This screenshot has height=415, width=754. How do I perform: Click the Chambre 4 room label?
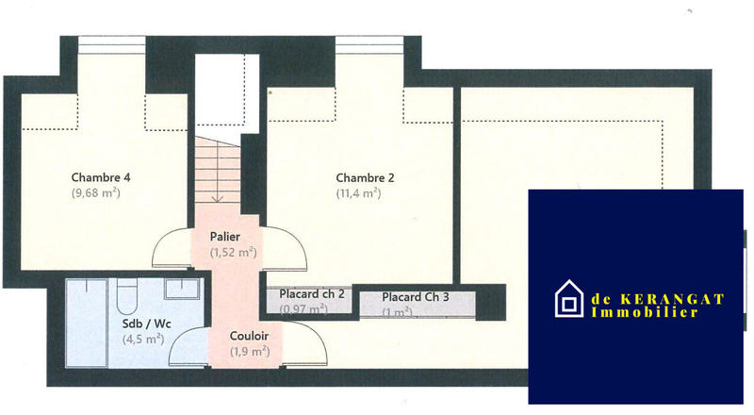point(101,177)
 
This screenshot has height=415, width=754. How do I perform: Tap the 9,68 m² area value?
point(96,193)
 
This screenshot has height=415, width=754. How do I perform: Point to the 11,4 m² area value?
point(358,193)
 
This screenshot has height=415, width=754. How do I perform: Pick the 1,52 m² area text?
point(234,253)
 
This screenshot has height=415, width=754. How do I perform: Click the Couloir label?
point(249,336)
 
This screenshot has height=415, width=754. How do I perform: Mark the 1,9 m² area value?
point(250,352)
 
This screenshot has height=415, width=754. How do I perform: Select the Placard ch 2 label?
point(311,294)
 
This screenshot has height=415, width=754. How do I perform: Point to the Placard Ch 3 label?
point(416,297)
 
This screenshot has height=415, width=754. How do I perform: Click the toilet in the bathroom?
point(126,299)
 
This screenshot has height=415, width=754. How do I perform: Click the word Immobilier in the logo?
point(645,312)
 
